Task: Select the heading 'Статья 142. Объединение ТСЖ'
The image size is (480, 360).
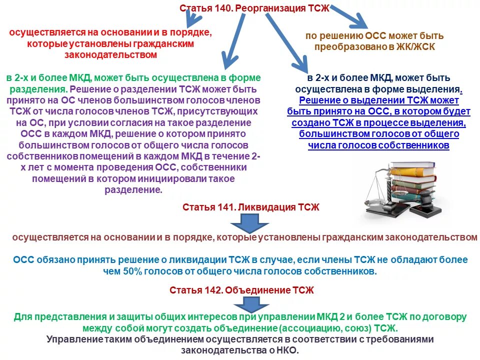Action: click(x=241, y=290)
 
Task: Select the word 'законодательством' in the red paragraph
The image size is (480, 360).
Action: click(x=110, y=55)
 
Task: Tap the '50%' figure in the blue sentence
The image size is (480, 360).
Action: click(x=143, y=271)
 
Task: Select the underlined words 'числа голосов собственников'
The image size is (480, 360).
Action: click(x=378, y=145)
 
